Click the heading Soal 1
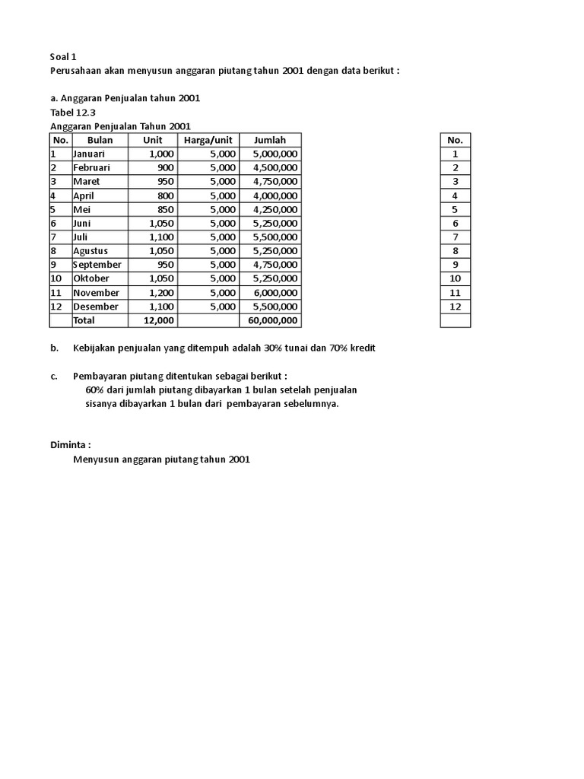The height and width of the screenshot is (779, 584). (63, 56)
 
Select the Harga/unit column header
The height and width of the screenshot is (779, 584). (208, 140)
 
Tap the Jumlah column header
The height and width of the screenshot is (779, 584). (270, 140)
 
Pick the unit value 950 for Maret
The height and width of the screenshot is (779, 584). (165, 182)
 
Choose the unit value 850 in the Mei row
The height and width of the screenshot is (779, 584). (165, 209)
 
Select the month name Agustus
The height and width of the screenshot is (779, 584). (90, 251)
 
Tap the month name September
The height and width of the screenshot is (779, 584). (97, 265)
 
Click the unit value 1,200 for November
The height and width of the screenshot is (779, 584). (161, 293)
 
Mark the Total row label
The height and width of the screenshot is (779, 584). (84, 321)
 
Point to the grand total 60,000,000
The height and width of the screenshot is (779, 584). (272, 321)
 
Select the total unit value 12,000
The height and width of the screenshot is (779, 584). (159, 321)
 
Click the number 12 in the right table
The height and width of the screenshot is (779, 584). (455, 307)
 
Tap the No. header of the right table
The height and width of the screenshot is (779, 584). (455, 140)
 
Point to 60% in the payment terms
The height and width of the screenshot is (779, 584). (95, 390)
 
